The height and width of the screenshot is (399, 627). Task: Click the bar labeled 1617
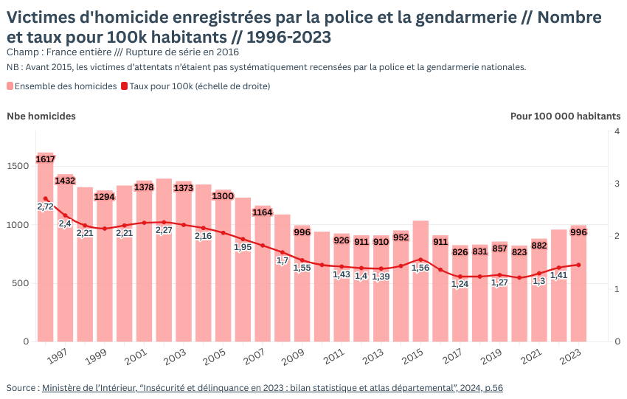pyautogui.click(x=46, y=251)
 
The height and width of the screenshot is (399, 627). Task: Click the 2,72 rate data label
pyautogui.click(x=45, y=207)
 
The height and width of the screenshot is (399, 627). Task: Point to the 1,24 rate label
pyautogui.click(x=460, y=285)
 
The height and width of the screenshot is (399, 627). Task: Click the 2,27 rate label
pyautogui.click(x=164, y=230)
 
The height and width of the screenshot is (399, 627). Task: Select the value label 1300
pyautogui.click(x=223, y=196)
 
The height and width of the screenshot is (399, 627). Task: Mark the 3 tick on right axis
pyautogui.click(x=617, y=184)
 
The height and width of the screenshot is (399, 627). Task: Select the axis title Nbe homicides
pyautogui.click(x=41, y=116)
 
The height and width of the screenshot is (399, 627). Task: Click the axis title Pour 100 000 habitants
pyautogui.click(x=565, y=116)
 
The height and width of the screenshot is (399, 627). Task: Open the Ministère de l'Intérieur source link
pyautogui.click(x=272, y=387)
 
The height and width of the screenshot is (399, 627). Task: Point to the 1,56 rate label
pyautogui.click(x=420, y=268)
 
